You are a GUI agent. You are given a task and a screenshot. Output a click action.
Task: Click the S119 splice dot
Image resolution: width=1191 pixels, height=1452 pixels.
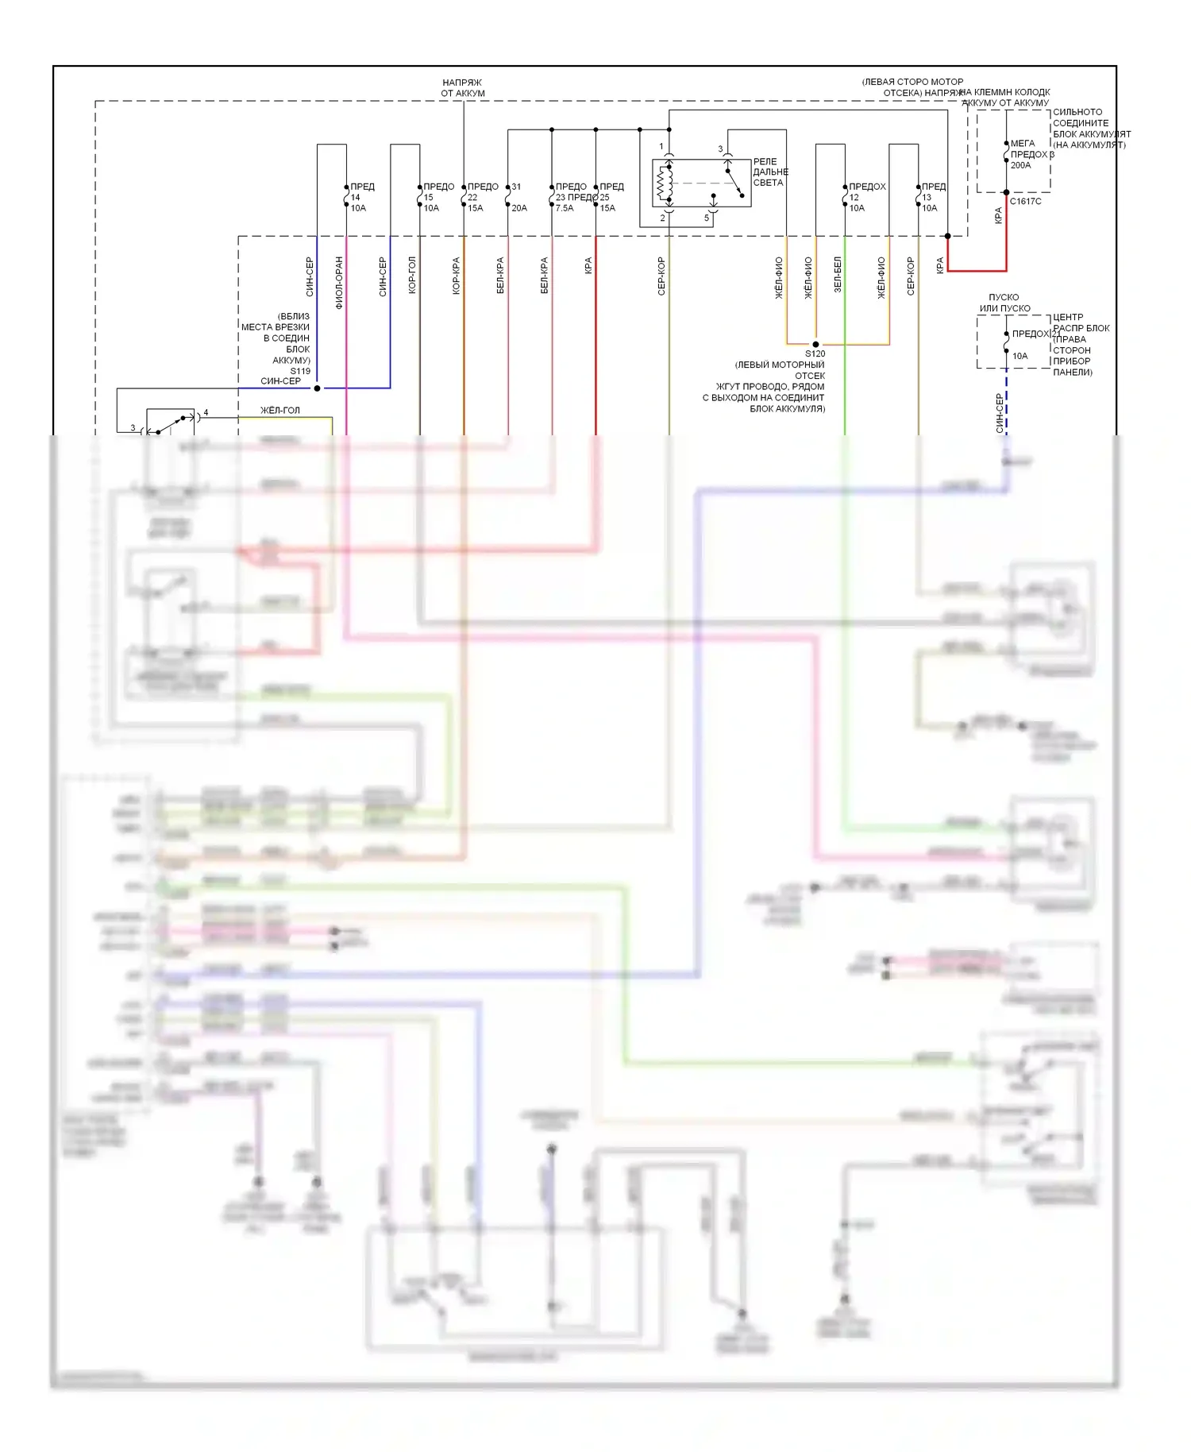(x=317, y=388)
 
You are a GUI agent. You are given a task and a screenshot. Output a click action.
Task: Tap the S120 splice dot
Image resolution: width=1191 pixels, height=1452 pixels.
(x=815, y=345)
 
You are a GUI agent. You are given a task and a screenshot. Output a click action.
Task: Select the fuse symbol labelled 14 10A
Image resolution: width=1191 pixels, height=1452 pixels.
(x=346, y=196)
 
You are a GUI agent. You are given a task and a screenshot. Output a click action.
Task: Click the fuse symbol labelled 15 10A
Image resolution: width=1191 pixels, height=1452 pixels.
(x=419, y=196)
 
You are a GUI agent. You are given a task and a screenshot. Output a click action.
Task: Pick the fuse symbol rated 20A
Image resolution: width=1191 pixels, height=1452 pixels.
(x=508, y=196)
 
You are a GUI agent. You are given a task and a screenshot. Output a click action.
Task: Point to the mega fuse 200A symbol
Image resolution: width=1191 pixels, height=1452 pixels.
(x=1006, y=154)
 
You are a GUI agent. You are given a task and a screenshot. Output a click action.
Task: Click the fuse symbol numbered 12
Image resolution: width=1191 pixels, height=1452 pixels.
(x=845, y=196)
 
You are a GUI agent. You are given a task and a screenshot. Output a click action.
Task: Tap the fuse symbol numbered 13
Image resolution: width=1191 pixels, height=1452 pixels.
(x=918, y=196)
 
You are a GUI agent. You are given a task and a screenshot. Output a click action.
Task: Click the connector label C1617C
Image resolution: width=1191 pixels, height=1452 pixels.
(x=1025, y=202)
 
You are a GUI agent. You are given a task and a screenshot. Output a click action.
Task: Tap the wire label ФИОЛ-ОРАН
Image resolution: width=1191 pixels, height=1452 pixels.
(x=339, y=282)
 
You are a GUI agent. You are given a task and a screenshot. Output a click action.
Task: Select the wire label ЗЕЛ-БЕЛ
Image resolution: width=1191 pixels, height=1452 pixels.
(x=838, y=275)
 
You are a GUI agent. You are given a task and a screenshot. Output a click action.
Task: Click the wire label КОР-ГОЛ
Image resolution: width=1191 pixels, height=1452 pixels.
(x=412, y=276)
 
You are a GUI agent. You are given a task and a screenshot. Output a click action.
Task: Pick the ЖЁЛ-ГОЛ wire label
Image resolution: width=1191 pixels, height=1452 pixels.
(x=280, y=411)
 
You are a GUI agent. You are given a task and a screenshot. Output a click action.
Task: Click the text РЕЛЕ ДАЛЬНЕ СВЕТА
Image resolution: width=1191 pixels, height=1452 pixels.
(x=769, y=172)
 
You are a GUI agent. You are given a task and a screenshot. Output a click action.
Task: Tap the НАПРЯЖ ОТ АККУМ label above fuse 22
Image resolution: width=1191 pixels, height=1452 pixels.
(x=463, y=88)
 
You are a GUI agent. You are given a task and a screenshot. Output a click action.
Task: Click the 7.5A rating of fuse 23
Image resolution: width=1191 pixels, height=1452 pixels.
(x=564, y=208)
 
